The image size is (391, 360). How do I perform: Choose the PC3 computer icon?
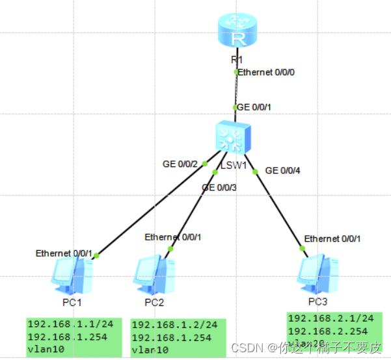coord(317,276)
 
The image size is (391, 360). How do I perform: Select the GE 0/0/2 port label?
coord(180,164)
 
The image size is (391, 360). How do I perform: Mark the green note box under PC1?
coord(74,337)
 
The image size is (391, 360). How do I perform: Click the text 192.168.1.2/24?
coord(174,325)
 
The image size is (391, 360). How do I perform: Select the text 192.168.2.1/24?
coord(330,318)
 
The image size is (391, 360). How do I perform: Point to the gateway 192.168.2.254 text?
coord(330,330)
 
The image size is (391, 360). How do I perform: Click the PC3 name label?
coord(318,302)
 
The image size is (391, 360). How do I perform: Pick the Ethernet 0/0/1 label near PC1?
coord(64,253)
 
